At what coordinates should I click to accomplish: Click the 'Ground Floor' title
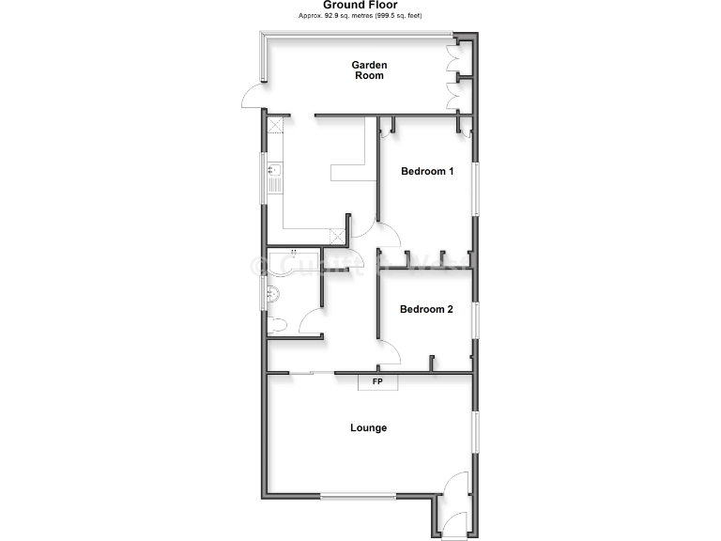(x=360, y=6)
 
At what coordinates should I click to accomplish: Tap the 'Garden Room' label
(x=369, y=70)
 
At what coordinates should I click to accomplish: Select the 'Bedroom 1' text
(x=427, y=171)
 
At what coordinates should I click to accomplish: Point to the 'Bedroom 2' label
(x=426, y=309)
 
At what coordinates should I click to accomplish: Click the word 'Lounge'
(x=368, y=428)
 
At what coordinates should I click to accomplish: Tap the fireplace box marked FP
(x=377, y=381)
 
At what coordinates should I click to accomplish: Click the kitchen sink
(x=273, y=176)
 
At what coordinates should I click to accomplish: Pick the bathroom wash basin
(x=272, y=294)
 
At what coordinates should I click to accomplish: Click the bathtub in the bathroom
(x=292, y=262)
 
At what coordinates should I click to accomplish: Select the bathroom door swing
(x=310, y=324)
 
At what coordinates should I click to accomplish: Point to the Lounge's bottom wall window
(x=358, y=496)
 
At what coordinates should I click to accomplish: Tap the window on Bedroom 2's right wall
(x=475, y=320)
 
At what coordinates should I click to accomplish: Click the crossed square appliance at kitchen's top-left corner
(x=276, y=125)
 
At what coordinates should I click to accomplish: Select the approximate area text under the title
(x=360, y=17)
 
